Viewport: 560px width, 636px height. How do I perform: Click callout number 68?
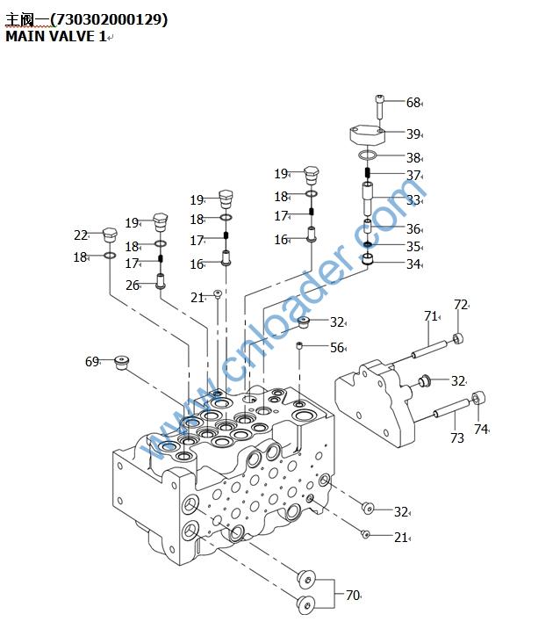click(x=413, y=103)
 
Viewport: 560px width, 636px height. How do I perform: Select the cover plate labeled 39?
click(x=368, y=134)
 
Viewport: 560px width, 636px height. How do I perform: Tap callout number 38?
click(x=413, y=158)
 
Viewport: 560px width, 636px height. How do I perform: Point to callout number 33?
click(x=413, y=200)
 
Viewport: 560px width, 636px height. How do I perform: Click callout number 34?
click(x=413, y=264)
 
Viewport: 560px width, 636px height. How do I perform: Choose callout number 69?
click(x=92, y=361)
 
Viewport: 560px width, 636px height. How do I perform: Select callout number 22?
click(x=81, y=235)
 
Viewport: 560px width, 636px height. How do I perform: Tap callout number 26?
click(x=133, y=285)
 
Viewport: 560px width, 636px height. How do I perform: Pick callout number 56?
click(x=337, y=348)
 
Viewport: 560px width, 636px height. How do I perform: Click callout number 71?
click(x=430, y=316)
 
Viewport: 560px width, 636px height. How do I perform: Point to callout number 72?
click(x=460, y=305)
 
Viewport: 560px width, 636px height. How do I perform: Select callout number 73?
click(x=456, y=437)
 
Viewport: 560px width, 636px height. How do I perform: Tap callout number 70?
click(x=352, y=595)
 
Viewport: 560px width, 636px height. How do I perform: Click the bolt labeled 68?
click(x=379, y=105)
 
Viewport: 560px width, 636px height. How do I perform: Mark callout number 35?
click(x=413, y=247)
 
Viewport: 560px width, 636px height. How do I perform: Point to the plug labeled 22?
click(x=110, y=236)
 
